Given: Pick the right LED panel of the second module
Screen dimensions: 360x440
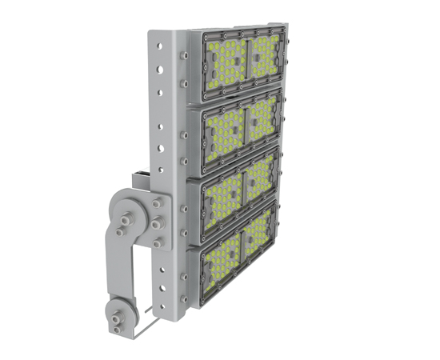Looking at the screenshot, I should tap(263, 118).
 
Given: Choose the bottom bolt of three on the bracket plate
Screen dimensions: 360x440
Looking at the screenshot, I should tap(158, 239).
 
